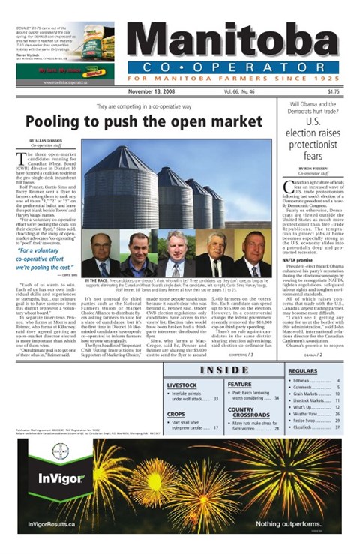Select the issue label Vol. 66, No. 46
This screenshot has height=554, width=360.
239,91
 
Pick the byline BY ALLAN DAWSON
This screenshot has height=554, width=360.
47,140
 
